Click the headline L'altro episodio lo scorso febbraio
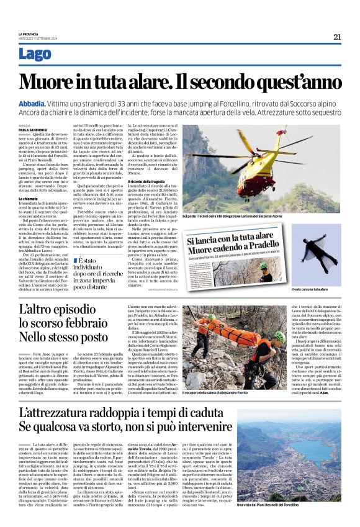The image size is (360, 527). (x=65, y=323)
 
